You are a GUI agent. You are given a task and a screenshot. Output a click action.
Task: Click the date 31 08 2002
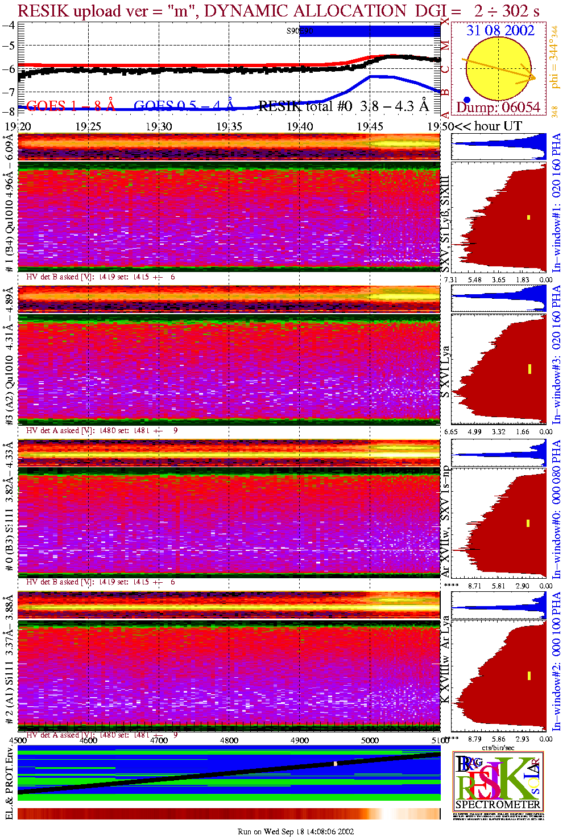500,31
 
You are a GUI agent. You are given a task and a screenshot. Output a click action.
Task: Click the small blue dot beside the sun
467,99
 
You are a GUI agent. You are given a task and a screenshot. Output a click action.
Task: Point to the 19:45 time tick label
370,126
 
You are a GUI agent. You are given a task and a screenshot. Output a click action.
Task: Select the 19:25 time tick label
88,126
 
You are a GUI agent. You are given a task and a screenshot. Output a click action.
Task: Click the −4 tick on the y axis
9,26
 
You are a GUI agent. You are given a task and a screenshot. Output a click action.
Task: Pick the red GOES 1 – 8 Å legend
71,106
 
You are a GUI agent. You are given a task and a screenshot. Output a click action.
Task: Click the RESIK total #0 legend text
305,106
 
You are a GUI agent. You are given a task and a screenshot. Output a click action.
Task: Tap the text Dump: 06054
498,108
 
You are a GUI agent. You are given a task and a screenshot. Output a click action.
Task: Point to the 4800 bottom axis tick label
229,740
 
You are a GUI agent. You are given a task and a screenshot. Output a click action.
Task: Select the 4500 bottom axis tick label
18,740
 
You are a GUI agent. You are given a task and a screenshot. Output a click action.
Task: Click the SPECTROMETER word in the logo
498,804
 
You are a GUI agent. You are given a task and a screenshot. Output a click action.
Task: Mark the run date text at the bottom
296,831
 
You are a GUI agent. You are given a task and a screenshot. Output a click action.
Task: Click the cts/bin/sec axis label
498,747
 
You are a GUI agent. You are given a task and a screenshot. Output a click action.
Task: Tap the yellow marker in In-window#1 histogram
528,217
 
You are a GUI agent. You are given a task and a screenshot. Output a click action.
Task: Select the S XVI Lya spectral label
445,371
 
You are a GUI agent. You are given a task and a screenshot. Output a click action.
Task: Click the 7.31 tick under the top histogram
450,279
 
